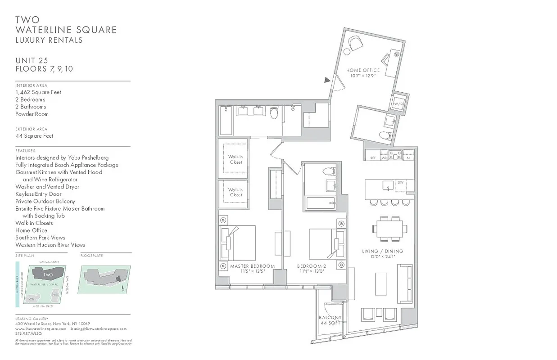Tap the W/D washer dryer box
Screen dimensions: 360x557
pyautogui.click(x=399, y=104)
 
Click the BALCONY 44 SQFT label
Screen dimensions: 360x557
pyautogui.click(x=330, y=320)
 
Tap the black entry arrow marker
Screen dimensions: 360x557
pyautogui.click(x=326, y=80)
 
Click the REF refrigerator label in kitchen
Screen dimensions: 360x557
pyautogui.click(x=373, y=158)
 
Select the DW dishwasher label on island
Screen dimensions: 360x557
pyautogui.click(x=400, y=182)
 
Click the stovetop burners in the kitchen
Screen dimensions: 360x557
pyautogui.click(x=395, y=155)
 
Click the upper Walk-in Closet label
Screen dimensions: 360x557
pyautogui.click(x=235, y=159)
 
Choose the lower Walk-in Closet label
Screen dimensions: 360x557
pyautogui.click(x=235, y=192)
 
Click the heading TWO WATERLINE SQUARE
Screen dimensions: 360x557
pyautogui.click(x=66, y=25)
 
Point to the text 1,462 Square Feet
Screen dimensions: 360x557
pyautogui.click(x=38, y=92)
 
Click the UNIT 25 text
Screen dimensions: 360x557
pyautogui.click(x=32, y=60)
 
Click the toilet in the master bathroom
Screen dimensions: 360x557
pyautogui.click(x=274, y=112)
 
